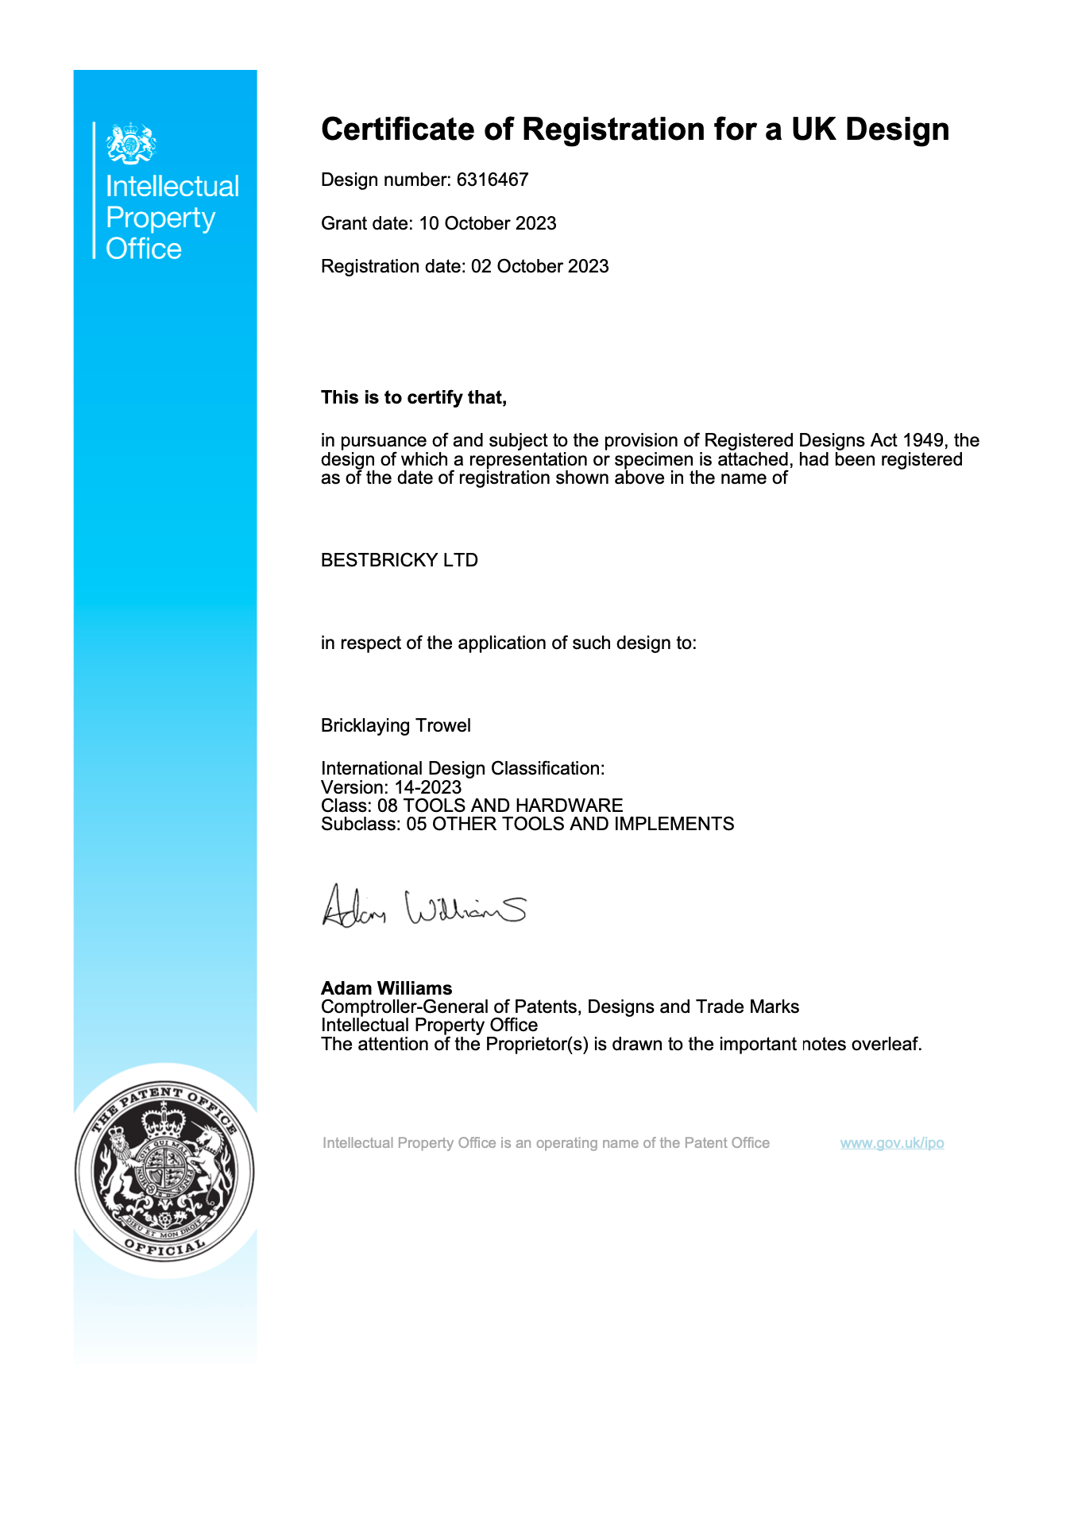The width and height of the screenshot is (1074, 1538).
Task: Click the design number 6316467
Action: [x=493, y=180]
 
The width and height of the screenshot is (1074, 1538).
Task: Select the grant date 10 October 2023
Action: [x=488, y=223]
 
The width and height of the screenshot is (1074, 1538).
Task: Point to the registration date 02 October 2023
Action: [x=539, y=266]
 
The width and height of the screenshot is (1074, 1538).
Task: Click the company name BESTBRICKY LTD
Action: [x=399, y=560]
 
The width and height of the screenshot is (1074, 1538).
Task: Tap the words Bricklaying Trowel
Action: [x=396, y=725]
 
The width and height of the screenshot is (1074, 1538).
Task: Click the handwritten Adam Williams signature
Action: [x=423, y=907]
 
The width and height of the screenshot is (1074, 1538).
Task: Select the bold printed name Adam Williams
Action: [x=386, y=988]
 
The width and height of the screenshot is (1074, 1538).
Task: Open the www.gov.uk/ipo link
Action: [x=892, y=1143]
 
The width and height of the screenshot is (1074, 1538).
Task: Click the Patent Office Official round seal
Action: [x=165, y=1171]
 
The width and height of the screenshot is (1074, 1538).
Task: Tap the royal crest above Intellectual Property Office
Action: [x=131, y=143]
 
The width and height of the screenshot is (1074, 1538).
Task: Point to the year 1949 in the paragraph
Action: [x=925, y=441]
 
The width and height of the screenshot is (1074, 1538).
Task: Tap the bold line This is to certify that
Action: [x=413, y=397]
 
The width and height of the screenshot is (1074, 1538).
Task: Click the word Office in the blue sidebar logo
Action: [x=144, y=249]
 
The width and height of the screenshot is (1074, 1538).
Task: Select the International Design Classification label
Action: [x=462, y=768]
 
